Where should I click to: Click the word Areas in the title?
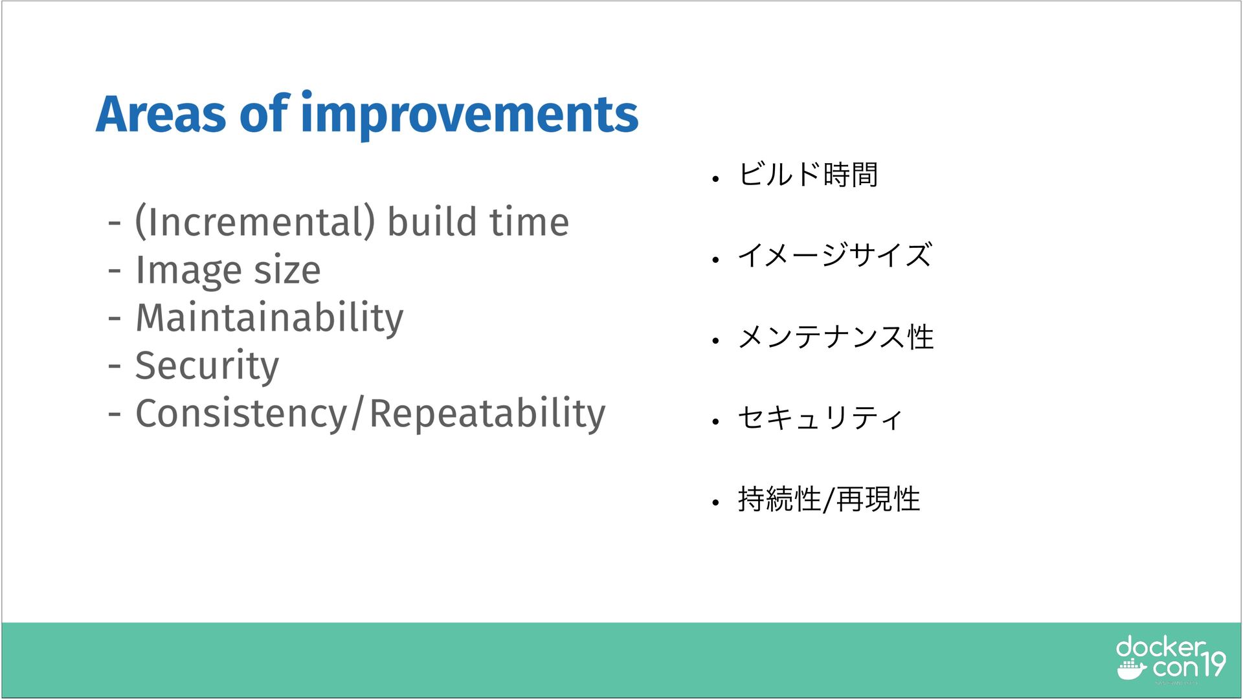[161, 114]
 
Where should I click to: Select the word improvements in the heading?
[469, 115]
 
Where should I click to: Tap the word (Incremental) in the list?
[255, 222]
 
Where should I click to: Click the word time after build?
[529, 222]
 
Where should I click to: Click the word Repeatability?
[487, 414]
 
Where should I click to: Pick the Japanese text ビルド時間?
[808, 175]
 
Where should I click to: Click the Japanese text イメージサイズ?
[835, 255]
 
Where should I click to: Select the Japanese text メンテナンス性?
[836, 337]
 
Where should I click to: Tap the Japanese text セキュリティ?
[820, 417]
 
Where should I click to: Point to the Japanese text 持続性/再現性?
[829, 499]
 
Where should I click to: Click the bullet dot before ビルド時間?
[715, 179]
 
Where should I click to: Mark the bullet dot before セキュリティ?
[715, 422]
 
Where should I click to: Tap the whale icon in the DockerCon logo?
[1132, 670]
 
